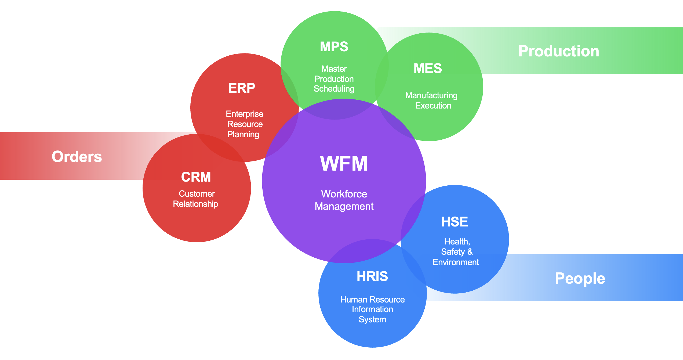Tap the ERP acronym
pyautogui.click(x=242, y=88)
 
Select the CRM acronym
pyautogui.click(x=196, y=177)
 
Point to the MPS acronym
pyautogui.click(x=334, y=47)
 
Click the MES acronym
pyautogui.click(x=428, y=69)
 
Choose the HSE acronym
pyautogui.click(x=455, y=222)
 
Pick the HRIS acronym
pyautogui.click(x=372, y=276)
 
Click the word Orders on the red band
pyautogui.click(x=77, y=157)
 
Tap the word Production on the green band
pyautogui.click(x=559, y=51)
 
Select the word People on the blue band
pyautogui.click(x=580, y=279)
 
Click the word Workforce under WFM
pyautogui.click(x=344, y=194)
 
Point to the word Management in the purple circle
pyautogui.click(x=344, y=206)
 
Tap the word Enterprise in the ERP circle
pyautogui.click(x=245, y=114)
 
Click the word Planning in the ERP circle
pyautogui.click(x=243, y=134)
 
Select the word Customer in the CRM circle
pyautogui.click(x=197, y=194)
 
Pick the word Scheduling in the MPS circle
pyautogui.click(x=334, y=89)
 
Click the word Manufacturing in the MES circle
pyautogui.click(x=431, y=96)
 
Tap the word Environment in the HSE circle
pyautogui.click(x=456, y=262)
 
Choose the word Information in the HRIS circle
pyautogui.click(x=372, y=309)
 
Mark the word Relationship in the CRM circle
pyautogui.click(x=195, y=204)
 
